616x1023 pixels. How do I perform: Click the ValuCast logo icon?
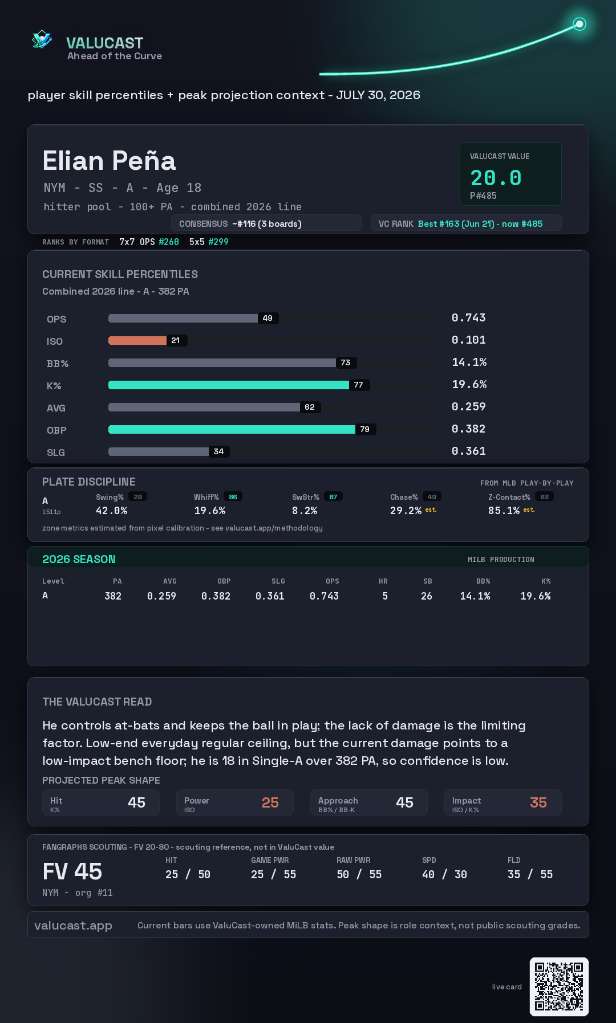(42, 39)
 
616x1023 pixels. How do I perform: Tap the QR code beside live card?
(559, 987)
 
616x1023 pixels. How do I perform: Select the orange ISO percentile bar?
(137, 340)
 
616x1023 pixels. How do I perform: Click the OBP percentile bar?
(232, 429)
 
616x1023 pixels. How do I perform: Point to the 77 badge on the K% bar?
(359, 385)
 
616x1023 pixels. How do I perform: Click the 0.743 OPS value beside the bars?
(469, 317)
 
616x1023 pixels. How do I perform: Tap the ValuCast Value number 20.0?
(496, 178)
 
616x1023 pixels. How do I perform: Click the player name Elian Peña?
(109, 161)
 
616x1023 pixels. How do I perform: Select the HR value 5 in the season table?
(385, 596)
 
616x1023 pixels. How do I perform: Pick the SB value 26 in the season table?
(427, 596)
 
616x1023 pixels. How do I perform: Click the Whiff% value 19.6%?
(210, 511)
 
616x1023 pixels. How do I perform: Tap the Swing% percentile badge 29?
(138, 497)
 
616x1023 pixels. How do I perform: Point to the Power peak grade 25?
(270, 802)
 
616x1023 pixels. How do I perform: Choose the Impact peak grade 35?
(538, 802)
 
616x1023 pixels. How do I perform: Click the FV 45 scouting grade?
(72, 871)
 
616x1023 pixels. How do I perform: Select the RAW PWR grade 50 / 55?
(359, 874)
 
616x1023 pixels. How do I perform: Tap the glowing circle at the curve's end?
(579, 24)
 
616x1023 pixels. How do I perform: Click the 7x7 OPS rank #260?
(169, 242)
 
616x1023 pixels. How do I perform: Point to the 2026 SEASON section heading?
(79, 559)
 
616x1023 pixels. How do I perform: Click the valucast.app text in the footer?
(73, 926)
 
